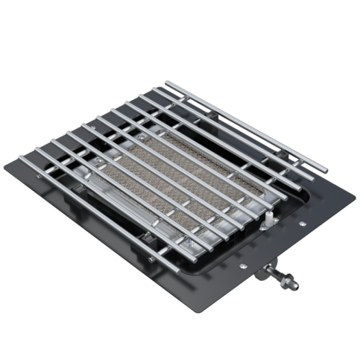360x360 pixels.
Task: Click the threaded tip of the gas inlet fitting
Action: pos(297,285)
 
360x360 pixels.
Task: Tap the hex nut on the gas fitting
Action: pos(285,281)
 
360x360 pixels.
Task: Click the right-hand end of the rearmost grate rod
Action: pos(325,168)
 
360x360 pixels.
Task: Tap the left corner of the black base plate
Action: pos(20,164)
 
